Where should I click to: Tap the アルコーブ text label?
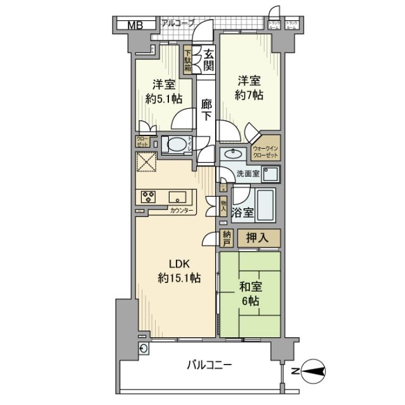click(178, 23)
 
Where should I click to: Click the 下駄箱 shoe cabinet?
click(188, 59)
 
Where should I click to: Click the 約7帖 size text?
click(251, 95)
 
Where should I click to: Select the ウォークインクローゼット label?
click(270, 152)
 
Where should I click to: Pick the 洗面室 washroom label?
click(248, 173)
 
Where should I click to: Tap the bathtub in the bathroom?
click(266, 203)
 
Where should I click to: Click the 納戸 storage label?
click(227, 238)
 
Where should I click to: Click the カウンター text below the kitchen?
click(183, 210)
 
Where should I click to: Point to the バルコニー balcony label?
click(209, 364)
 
